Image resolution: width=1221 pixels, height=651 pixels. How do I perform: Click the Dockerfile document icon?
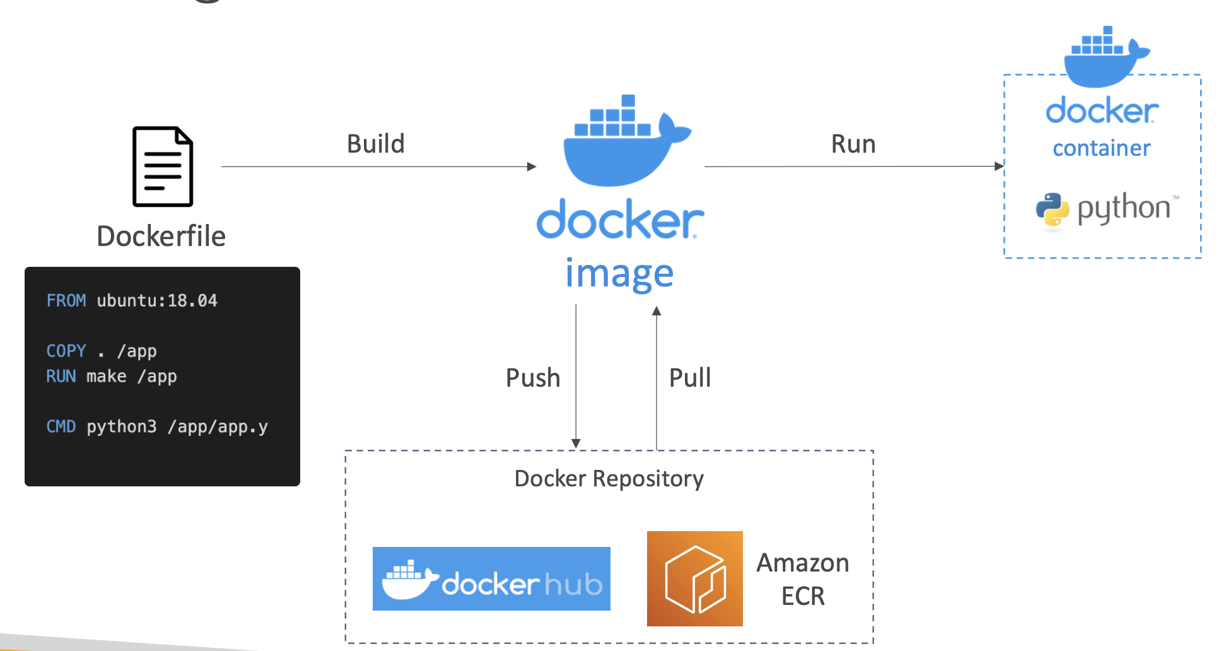click(163, 167)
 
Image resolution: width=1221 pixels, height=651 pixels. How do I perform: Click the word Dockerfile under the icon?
click(161, 237)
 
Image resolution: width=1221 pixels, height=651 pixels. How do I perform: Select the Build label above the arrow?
click(375, 144)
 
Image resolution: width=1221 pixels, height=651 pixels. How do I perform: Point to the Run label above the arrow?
click(853, 144)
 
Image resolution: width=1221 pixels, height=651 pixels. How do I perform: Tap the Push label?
click(533, 378)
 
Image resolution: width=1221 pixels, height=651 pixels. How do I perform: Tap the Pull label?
click(690, 378)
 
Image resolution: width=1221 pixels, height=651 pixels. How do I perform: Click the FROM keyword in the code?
click(66, 300)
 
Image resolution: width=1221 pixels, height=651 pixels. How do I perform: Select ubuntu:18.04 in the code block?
click(157, 300)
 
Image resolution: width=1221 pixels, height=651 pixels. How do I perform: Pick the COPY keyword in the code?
click(66, 351)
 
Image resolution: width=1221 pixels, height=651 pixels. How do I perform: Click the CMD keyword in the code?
click(61, 426)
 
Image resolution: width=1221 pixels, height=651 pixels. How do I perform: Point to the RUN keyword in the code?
click(61, 376)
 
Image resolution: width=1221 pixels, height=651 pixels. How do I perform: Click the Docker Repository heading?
click(609, 479)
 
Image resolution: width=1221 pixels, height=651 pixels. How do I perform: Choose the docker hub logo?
click(491, 578)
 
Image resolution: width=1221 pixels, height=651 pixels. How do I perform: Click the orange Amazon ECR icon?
click(694, 578)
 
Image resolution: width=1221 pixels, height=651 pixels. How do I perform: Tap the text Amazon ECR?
click(802, 579)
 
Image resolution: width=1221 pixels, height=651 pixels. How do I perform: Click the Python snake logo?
click(1052, 209)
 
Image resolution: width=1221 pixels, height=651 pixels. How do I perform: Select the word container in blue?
click(1101, 148)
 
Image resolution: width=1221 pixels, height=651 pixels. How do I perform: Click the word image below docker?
click(619, 274)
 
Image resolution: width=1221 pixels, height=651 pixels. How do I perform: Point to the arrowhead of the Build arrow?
click(532, 167)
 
